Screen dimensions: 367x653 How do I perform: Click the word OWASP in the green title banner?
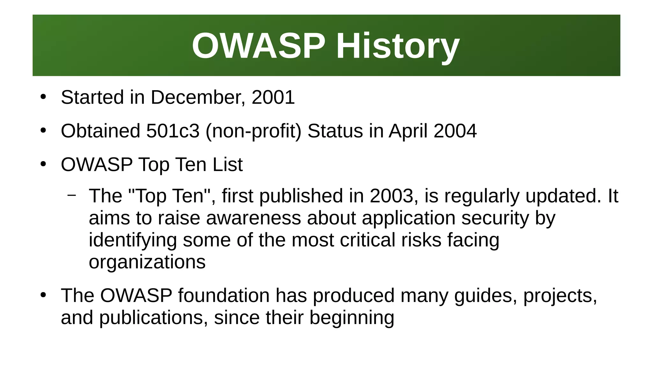point(259,46)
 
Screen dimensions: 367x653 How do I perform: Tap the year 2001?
point(273,97)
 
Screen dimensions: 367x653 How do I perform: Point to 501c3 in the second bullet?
point(173,131)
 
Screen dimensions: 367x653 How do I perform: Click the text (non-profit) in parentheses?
point(253,131)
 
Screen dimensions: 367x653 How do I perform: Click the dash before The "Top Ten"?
point(72,195)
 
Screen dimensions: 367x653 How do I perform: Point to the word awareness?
point(253,218)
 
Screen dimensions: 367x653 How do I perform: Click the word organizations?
point(147,262)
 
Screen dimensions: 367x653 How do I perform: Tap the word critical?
point(367,240)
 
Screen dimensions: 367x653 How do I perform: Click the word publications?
point(151,318)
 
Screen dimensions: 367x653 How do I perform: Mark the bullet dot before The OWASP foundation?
point(43,295)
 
